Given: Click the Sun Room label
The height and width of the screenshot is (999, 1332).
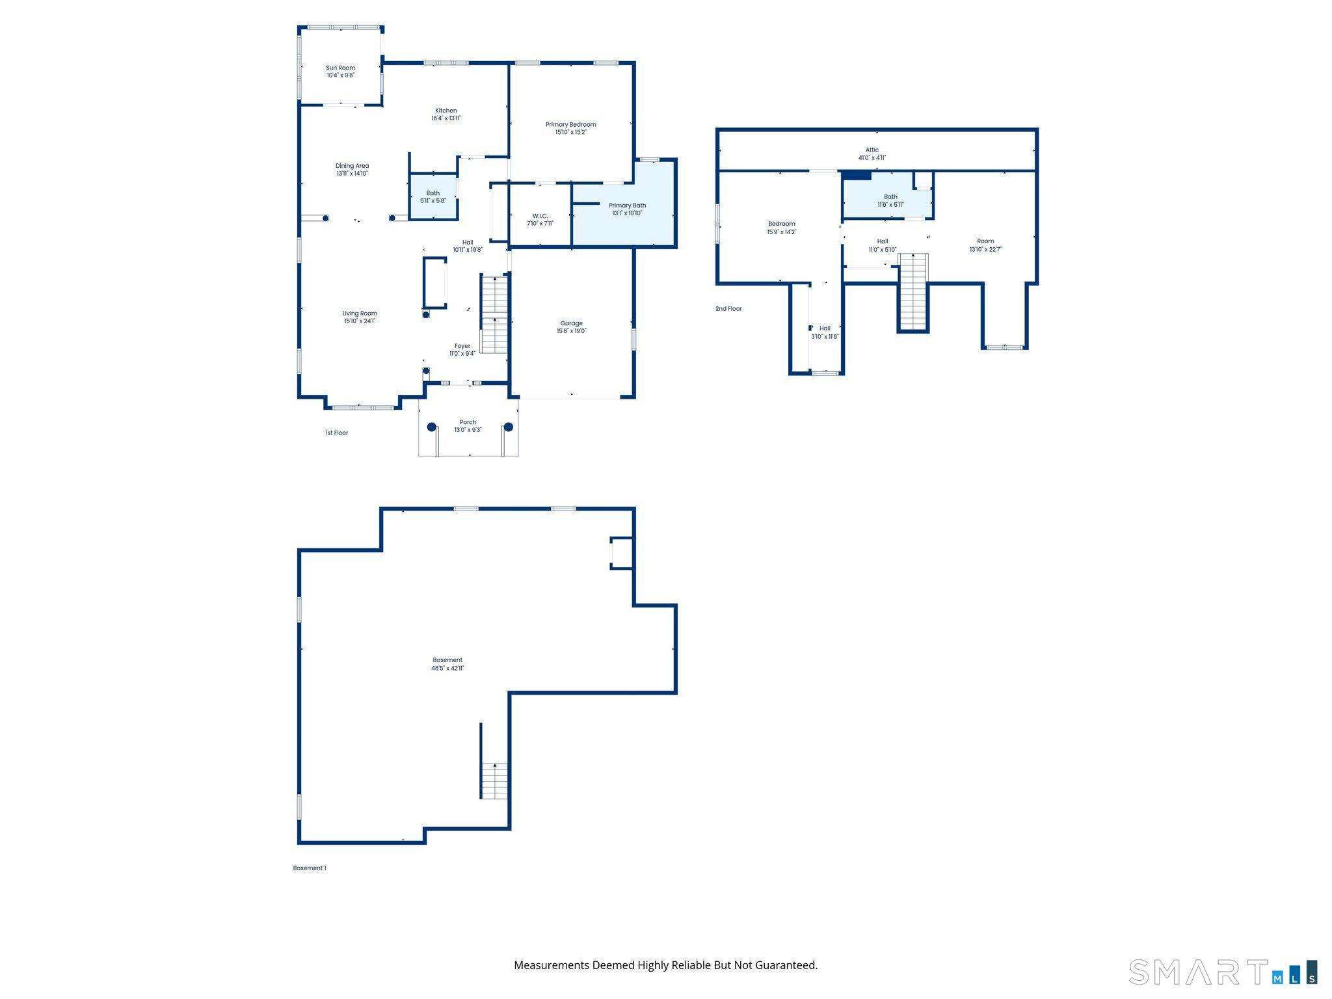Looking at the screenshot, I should pyautogui.click(x=340, y=68).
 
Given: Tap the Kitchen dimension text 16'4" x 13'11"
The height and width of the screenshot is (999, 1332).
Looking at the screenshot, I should pyautogui.click(x=446, y=118).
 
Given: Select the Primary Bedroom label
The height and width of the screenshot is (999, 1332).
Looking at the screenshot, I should pyautogui.click(x=570, y=124).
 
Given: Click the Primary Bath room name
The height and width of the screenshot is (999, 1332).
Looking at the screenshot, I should pyautogui.click(x=627, y=206).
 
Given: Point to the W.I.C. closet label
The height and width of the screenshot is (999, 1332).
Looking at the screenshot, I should pyautogui.click(x=540, y=216).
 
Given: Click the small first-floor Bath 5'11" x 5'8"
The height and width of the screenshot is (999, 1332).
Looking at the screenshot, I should pyautogui.click(x=433, y=196).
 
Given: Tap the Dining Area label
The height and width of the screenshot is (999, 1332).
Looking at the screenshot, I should pyautogui.click(x=352, y=166).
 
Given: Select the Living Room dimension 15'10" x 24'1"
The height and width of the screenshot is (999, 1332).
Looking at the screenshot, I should pyautogui.click(x=360, y=321).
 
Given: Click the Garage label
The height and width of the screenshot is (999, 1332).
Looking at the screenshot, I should pyautogui.click(x=571, y=323).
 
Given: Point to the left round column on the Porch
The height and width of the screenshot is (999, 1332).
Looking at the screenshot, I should pyautogui.click(x=431, y=427).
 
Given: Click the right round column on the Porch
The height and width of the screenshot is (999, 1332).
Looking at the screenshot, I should pyautogui.click(x=509, y=427).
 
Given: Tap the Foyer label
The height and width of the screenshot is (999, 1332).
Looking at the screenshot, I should pyautogui.click(x=462, y=346).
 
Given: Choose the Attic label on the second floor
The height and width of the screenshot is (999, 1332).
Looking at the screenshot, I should pyautogui.click(x=872, y=150).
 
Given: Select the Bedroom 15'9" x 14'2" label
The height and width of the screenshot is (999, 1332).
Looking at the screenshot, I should pyautogui.click(x=781, y=224).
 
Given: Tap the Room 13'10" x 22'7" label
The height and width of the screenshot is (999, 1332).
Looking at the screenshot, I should pyautogui.click(x=985, y=241).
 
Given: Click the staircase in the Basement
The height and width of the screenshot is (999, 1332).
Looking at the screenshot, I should pyautogui.click(x=494, y=780).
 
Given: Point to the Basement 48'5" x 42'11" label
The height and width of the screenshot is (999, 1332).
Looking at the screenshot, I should pyautogui.click(x=447, y=660).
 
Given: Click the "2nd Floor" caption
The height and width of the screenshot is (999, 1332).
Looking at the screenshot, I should pyautogui.click(x=728, y=309).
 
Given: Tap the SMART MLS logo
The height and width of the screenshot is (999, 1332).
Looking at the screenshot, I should pyautogui.click(x=1222, y=972).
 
